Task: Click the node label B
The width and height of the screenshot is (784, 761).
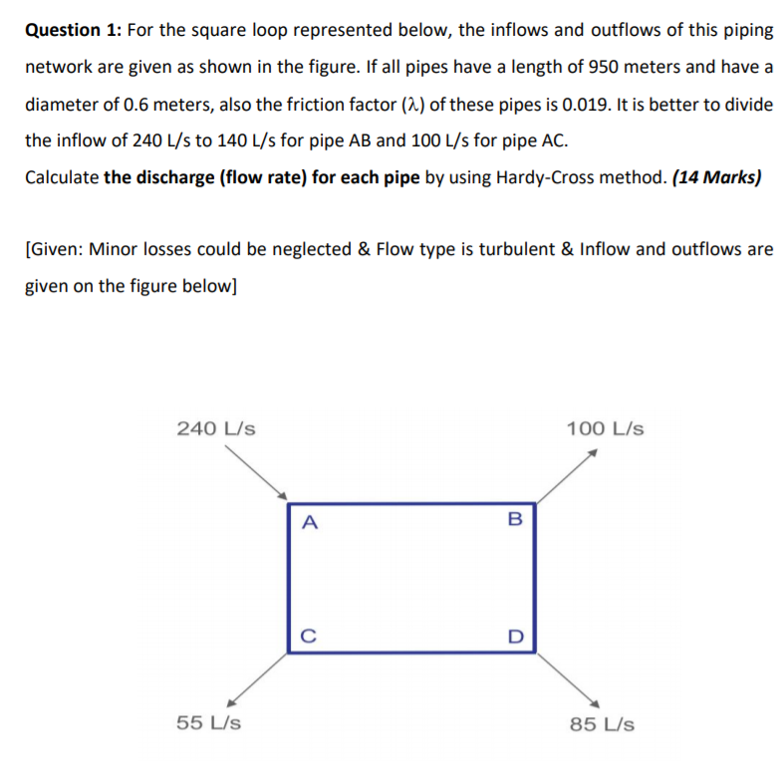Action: click(514, 518)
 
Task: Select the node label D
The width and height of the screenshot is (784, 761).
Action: click(514, 634)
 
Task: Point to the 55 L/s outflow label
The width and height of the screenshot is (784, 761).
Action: click(207, 722)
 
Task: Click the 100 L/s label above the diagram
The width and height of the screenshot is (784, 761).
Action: click(605, 429)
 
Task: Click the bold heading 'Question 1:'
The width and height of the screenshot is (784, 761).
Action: click(68, 30)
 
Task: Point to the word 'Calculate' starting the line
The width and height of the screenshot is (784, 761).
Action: click(61, 178)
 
